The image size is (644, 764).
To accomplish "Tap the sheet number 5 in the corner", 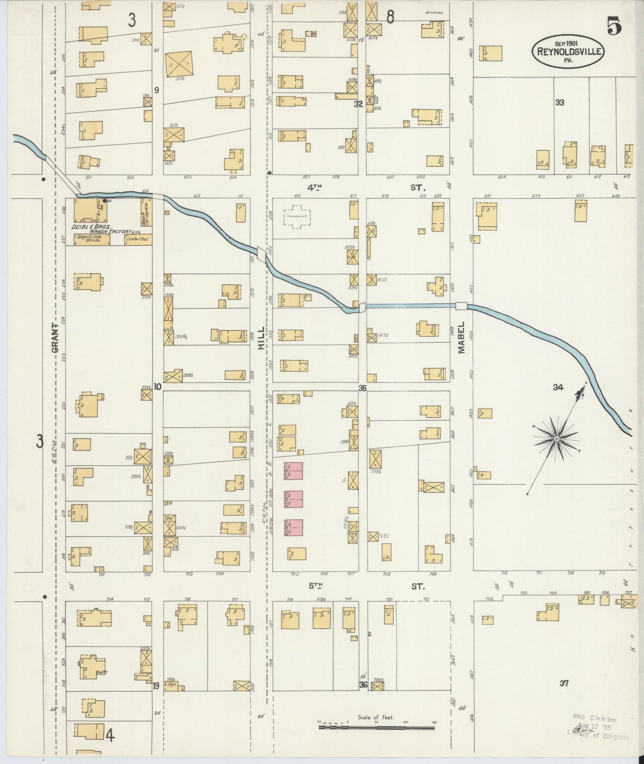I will click(614, 27).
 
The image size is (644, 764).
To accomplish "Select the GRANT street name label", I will click(55, 338).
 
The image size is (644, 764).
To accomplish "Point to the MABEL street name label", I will click(461, 338).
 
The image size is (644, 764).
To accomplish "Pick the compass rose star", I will click(556, 440).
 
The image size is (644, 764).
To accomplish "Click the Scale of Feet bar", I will click(377, 727).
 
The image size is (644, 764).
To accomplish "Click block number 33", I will click(560, 103).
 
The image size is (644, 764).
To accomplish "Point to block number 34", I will click(558, 387).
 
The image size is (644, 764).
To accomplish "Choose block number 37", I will click(564, 683).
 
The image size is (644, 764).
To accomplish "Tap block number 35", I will click(362, 388).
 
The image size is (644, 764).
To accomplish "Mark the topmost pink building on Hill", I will click(294, 471).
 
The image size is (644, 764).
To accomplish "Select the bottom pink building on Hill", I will click(294, 528).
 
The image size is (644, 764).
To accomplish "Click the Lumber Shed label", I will click(137, 240).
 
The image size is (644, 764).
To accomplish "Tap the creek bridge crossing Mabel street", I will click(461, 306).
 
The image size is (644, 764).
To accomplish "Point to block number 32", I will click(358, 104).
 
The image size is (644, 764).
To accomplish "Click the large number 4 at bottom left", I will click(110, 735).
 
